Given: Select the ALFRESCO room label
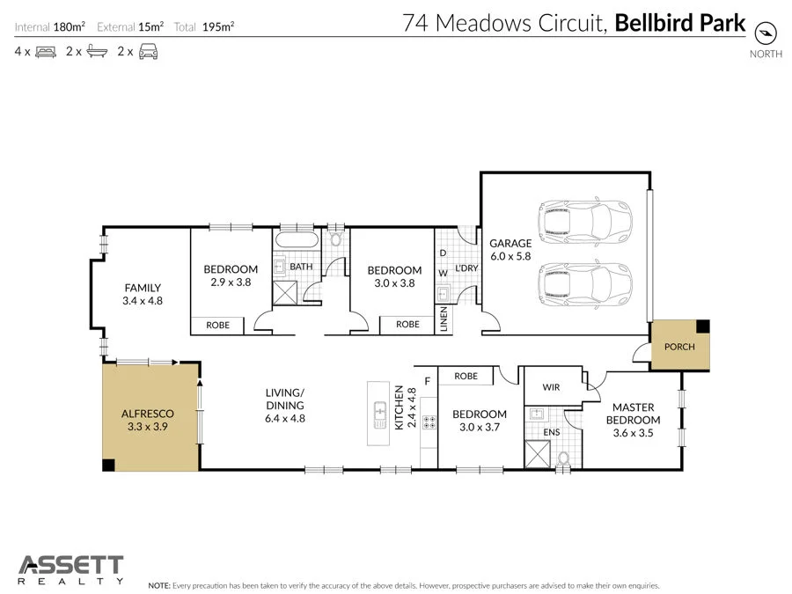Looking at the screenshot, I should pos(147,413).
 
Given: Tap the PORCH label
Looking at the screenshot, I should pos(679,346).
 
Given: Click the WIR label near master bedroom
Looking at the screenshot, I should pos(552,385).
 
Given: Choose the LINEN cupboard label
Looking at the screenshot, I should pos(443,320).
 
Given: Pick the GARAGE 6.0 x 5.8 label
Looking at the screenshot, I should pos(510,249).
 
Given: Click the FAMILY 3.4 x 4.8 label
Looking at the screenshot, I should pos(143,293).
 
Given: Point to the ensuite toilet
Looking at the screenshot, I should pos(565,458).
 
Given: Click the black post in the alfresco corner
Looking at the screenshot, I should pos(108,464).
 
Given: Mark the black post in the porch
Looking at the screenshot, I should pos(701,326).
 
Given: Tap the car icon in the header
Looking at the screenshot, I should pos(149,52).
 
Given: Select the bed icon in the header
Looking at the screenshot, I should pos(46,52).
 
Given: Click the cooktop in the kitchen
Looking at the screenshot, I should pos(429,423).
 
